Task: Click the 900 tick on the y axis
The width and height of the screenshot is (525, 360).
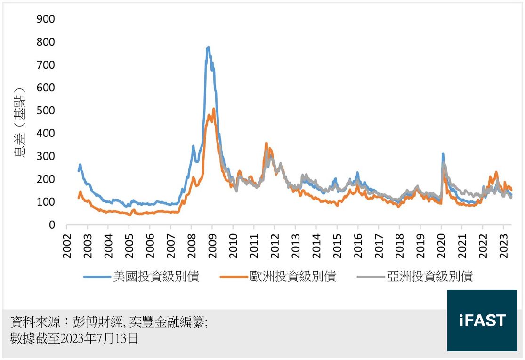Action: pyautogui.click(x=46, y=19)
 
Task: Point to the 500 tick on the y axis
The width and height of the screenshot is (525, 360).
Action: pyautogui.click(x=46, y=111)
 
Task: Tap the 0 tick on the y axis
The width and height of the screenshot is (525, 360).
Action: pyautogui.click(x=52, y=225)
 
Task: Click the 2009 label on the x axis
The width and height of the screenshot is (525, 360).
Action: pyautogui.click(x=212, y=245)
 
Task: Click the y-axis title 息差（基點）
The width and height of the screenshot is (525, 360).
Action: pyautogui.click(x=20, y=122)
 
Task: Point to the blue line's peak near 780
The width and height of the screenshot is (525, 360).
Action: pyautogui.click(x=208, y=47)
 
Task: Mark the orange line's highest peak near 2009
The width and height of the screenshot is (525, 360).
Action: pyautogui.click(x=214, y=109)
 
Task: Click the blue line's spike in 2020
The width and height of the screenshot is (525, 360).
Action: pyautogui.click(x=443, y=154)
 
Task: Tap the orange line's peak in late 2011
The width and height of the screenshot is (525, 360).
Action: pyautogui.click(x=267, y=144)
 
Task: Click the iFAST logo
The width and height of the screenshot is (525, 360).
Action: pyautogui.click(x=482, y=320)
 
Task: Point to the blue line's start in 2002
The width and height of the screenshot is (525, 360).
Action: pyautogui.click(x=79, y=170)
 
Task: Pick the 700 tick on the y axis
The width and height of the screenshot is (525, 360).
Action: pyautogui.click(x=46, y=64)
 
